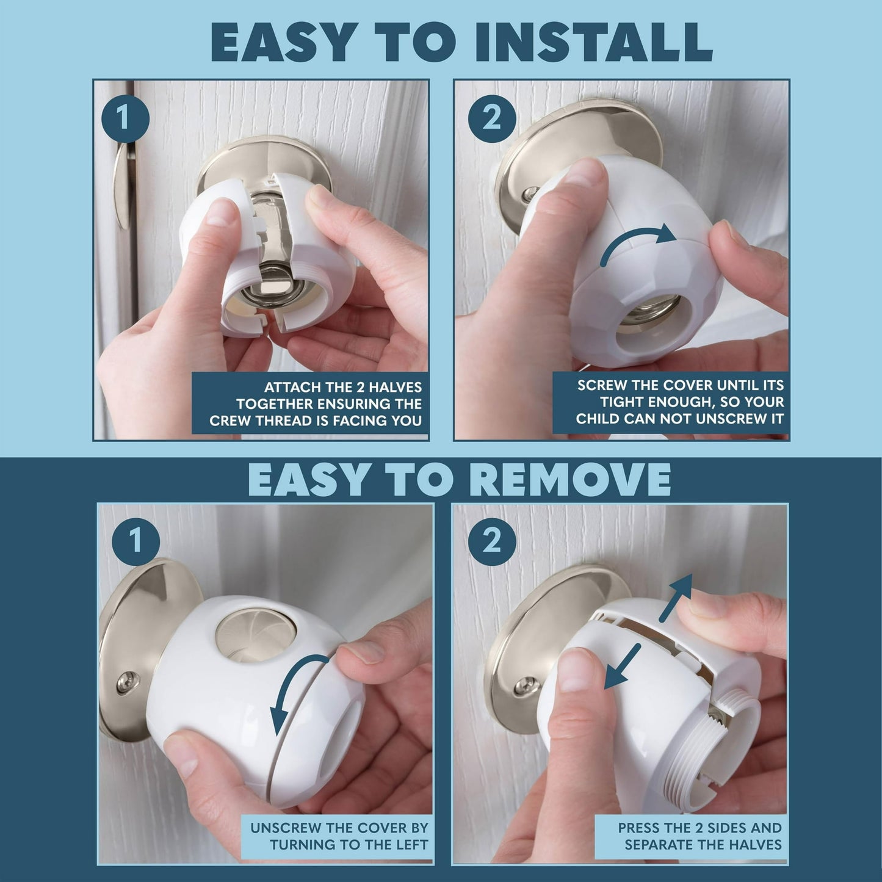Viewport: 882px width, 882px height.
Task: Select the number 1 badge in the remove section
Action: tap(136, 541)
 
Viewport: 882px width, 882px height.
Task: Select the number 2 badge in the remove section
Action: tap(491, 541)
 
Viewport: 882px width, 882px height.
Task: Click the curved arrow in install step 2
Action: tap(638, 242)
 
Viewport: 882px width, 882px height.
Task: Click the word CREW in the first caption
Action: tap(230, 421)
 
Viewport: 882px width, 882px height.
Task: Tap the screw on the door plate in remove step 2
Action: tap(523, 687)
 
